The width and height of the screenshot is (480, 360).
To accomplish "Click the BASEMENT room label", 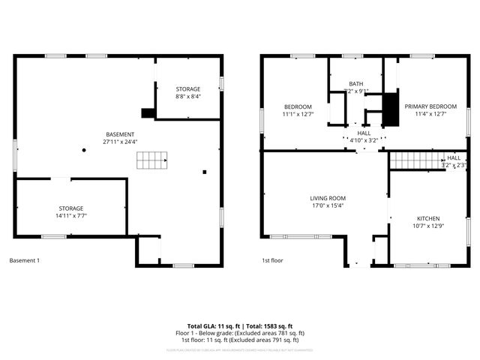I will pyautogui.click(x=120, y=133).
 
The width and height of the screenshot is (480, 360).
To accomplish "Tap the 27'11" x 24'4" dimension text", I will pyautogui.click(x=120, y=141).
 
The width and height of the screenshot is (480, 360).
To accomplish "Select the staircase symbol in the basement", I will pyautogui.click(x=152, y=160).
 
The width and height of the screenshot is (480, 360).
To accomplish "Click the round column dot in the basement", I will pyautogui.click(x=85, y=150).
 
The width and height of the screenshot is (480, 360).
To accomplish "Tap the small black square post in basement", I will pyautogui.click(x=204, y=172).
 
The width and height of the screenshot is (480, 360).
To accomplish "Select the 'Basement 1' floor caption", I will pyautogui.click(x=25, y=260).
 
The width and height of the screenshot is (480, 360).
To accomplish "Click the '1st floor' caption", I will pyautogui.click(x=271, y=260).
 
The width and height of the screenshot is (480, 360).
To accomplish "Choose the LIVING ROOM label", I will pyautogui.click(x=328, y=198).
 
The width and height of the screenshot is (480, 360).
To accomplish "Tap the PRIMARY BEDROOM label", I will pyautogui.click(x=430, y=106).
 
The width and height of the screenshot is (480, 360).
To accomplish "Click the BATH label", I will pyautogui.click(x=355, y=83).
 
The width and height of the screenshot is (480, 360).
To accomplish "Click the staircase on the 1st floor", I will pyautogui.click(x=413, y=160).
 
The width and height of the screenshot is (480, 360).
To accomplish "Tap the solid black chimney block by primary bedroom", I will pyautogui.click(x=388, y=109).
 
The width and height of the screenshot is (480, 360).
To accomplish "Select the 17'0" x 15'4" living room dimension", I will pyautogui.click(x=328, y=206).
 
